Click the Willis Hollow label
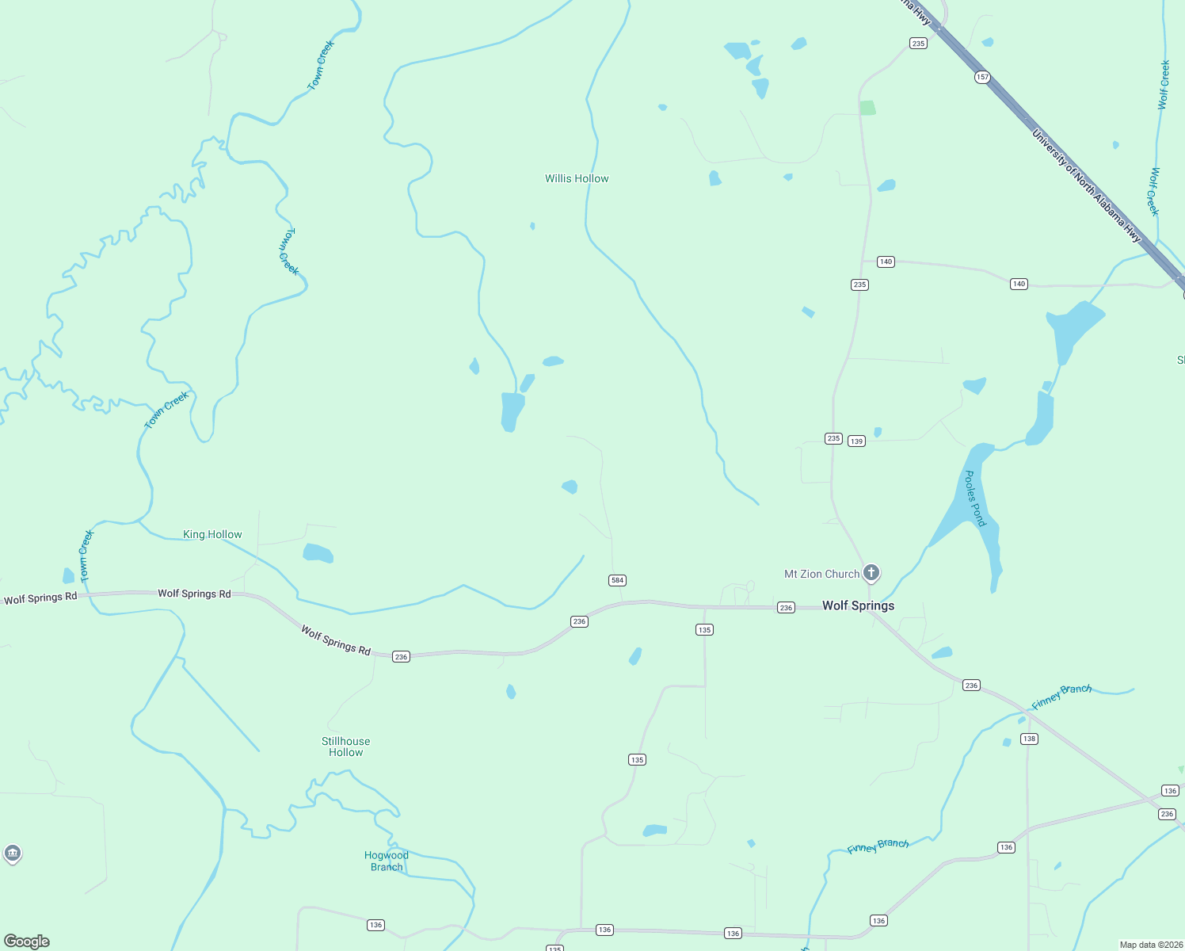(577, 178)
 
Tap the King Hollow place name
(212, 534)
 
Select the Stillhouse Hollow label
(345, 747)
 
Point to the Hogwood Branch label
(387, 861)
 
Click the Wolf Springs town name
(858, 605)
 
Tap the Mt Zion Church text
(821, 574)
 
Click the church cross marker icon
(871, 572)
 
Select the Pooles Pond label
(974, 498)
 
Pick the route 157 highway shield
(982, 77)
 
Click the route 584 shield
(617, 580)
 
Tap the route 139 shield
(856, 441)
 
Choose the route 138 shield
(1028, 739)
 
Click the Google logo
(26, 941)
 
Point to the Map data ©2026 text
(1150, 945)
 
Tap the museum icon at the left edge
(12, 853)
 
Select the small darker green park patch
(867, 108)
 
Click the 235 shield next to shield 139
(833, 438)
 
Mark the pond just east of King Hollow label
(318, 553)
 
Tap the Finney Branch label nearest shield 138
(1061, 697)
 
